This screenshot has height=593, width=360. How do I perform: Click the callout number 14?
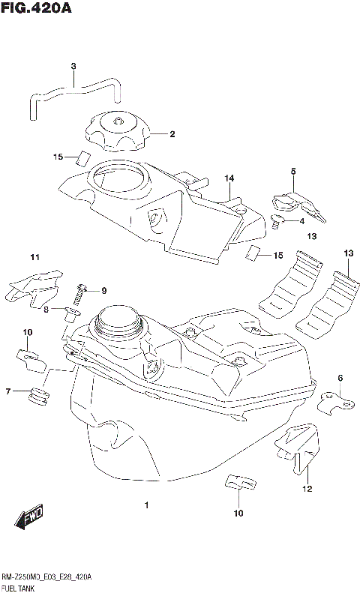pos(229,178)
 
